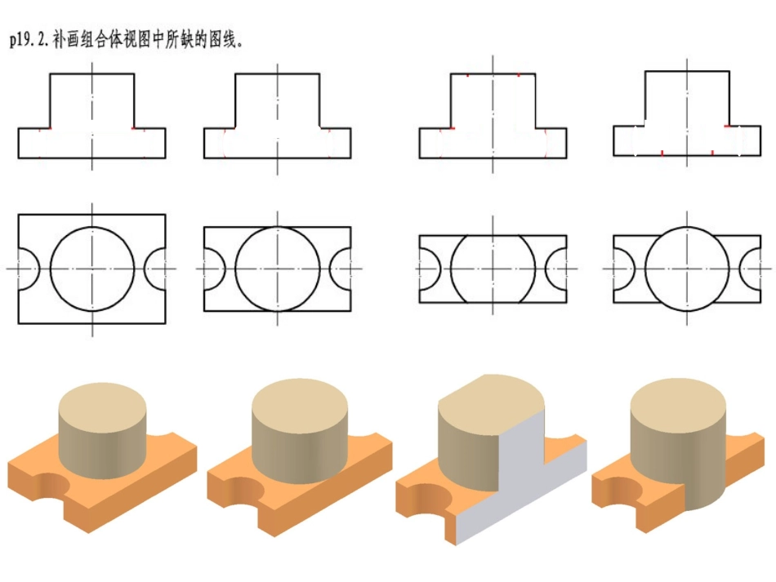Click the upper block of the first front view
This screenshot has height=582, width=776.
click(92, 100)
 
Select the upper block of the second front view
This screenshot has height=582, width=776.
click(277, 100)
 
